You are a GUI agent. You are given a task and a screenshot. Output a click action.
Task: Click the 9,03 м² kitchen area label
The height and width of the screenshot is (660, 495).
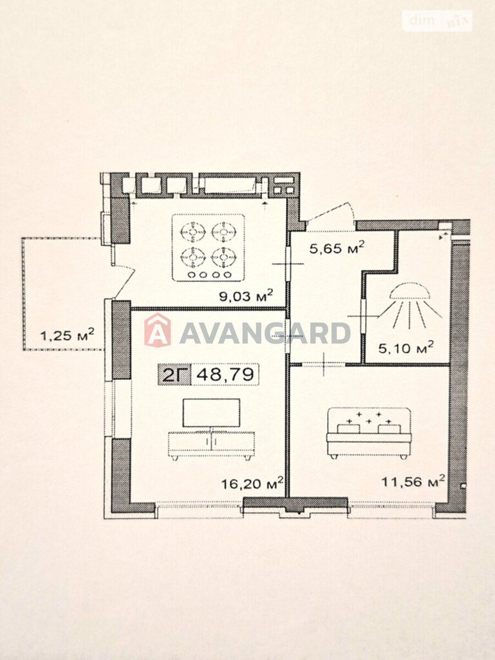246,296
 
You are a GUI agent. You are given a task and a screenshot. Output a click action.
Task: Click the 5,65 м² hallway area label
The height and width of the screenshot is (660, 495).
337,248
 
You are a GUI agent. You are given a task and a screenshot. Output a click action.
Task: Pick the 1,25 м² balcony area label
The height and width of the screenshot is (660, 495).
67,335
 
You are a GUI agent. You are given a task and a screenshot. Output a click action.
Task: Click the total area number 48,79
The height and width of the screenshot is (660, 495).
225,375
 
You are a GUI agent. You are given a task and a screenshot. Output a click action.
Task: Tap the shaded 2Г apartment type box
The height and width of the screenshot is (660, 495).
174,375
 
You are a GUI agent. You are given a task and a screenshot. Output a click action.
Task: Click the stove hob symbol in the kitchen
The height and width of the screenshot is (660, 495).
208,247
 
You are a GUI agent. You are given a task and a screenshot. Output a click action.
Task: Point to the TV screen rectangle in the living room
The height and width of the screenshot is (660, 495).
211,413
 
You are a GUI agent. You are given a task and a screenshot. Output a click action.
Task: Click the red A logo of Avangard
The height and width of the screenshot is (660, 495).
158,330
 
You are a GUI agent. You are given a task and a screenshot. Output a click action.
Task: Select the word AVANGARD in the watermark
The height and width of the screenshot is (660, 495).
265,333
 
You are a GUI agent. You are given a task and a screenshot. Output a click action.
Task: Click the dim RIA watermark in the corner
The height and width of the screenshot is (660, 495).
437,21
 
